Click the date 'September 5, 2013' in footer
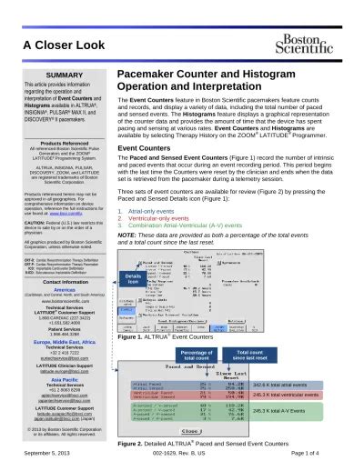tap(42, 464)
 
